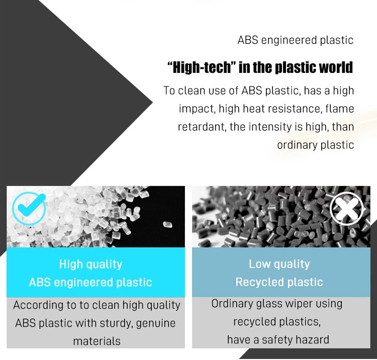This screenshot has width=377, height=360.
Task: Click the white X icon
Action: coord(347,209)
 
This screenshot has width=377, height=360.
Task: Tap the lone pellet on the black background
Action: coord(167,225)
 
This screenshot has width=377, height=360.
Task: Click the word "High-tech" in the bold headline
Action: coord(200,67)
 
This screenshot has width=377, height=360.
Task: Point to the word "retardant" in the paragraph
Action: coord(202,127)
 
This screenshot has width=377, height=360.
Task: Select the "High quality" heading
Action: coord(90,264)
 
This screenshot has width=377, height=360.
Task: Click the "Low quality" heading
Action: coord(279,264)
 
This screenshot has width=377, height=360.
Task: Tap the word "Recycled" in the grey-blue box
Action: coord(259,283)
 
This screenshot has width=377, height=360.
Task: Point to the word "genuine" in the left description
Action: coord(155,323)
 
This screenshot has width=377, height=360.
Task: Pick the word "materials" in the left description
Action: coord(97,341)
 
